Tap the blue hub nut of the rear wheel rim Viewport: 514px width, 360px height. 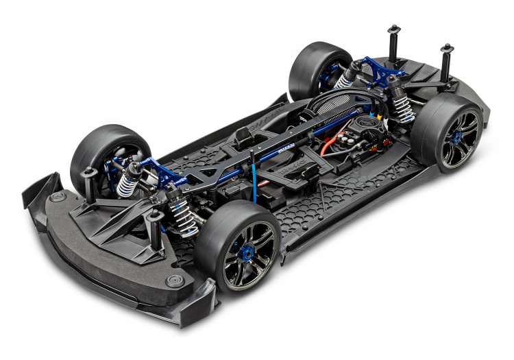pos(455,136)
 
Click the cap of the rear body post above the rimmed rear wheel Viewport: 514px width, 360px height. pos(447,49)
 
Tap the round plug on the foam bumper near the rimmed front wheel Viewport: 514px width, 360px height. pos(175,281)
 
